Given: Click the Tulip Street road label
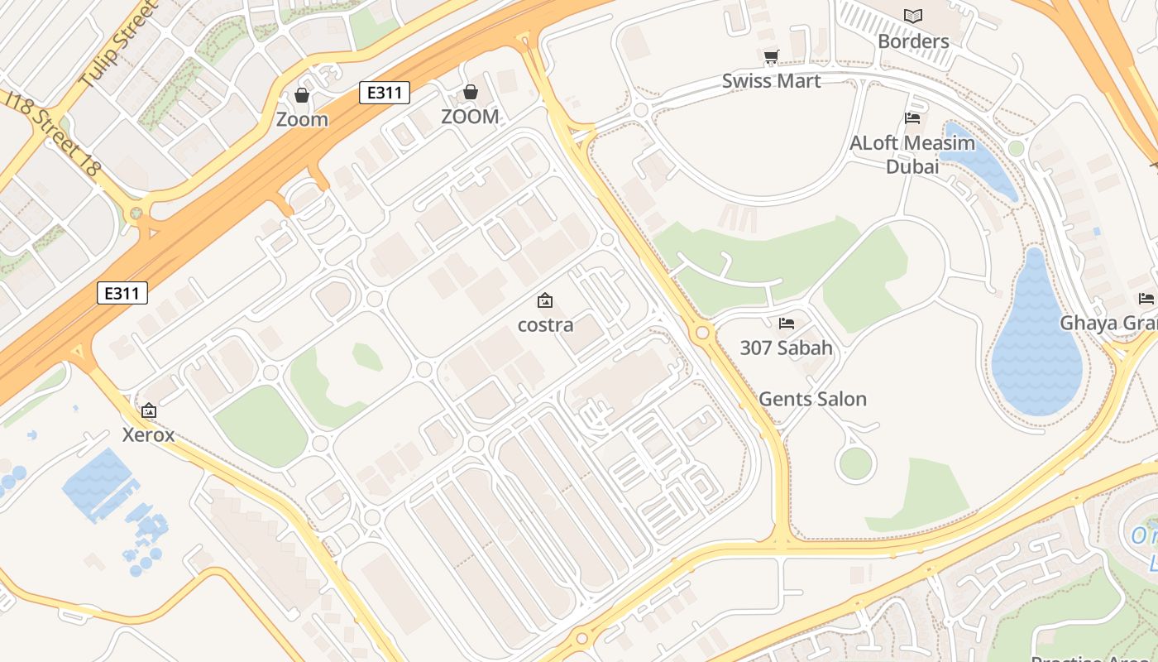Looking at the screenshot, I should (x=117, y=45).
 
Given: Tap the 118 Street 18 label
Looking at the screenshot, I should (x=53, y=133).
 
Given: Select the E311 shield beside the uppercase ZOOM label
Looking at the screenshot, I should (x=385, y=92).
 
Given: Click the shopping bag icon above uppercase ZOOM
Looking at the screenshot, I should (x=470, y=91).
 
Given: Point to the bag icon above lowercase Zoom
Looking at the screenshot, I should (x=302, y=95).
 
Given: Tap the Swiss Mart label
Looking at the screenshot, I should (x=771, y=81).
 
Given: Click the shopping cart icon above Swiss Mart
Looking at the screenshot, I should (x=771, y=56).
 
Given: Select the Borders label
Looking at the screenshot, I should (x=913, y=41).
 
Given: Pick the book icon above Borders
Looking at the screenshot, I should (x=913, y=16).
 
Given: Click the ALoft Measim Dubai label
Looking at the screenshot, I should (x=912, y=155).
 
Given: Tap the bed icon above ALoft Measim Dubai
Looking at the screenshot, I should (x=912, y=118).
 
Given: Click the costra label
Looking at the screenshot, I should (x=545, y=324).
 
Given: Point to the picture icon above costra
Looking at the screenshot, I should (x=545, y=300).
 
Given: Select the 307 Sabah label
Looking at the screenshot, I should (x=786, y=348).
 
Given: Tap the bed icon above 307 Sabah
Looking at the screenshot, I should (x=786, y=323).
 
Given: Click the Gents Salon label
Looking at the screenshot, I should (x=812, y=399).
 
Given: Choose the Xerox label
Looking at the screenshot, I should (x=149, y=434).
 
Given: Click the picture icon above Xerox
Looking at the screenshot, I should (x=149, y=410).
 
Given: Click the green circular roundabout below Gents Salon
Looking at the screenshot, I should (x=855, y=464).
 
